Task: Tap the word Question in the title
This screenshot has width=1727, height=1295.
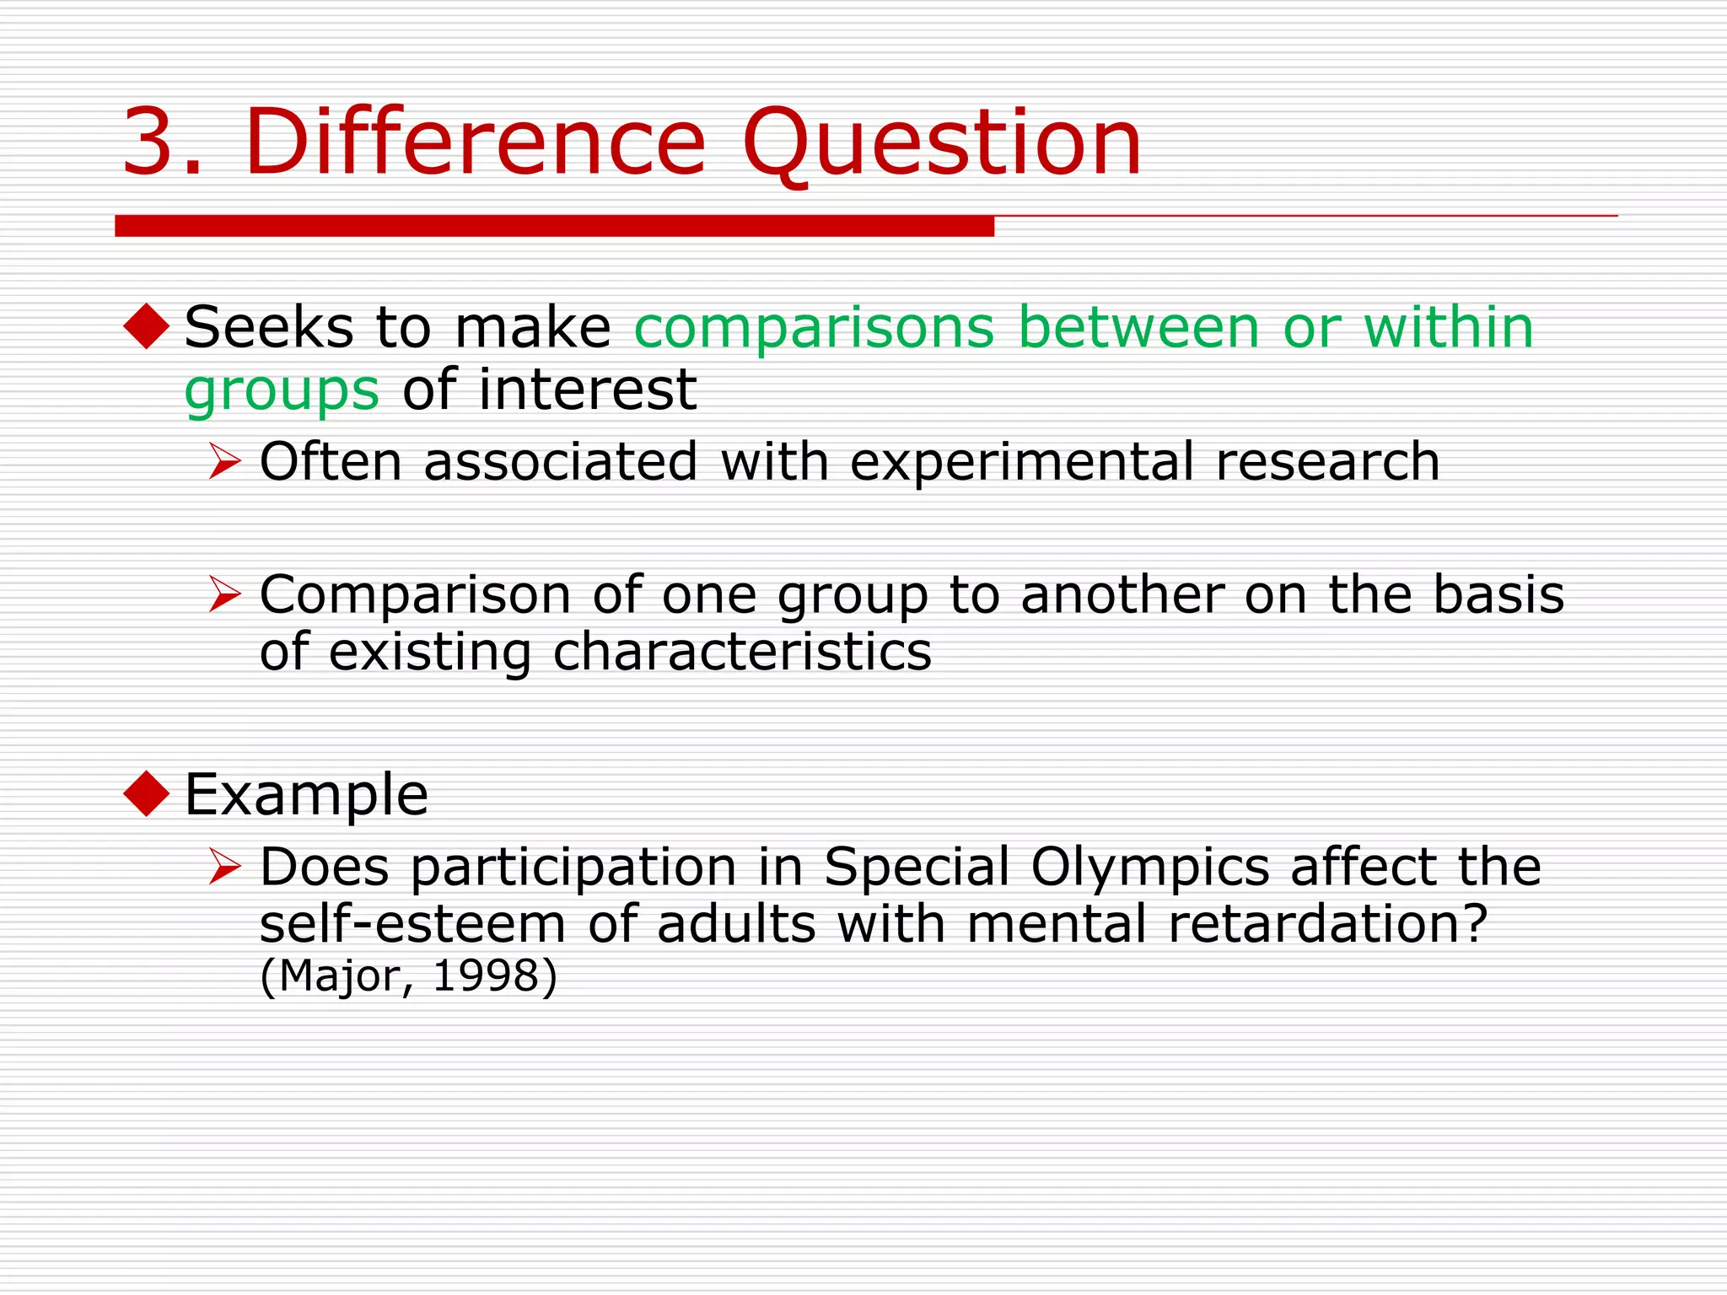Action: tap(941, 143)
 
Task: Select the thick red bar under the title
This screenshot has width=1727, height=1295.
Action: tap(554, 226)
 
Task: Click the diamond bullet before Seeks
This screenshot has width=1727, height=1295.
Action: tap(147, 326)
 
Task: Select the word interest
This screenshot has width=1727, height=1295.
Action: tap(587, 390)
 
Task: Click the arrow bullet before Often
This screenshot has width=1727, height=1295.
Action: tap(225, 462)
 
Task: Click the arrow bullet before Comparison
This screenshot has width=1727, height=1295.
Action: tap(225, 594)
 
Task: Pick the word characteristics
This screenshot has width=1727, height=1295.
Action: tap(742, 652)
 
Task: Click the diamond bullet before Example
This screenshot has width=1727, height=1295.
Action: tap(147, 793)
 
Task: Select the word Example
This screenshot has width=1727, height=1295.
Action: tap(306, 795)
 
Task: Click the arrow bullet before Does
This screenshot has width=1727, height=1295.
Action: tap(225, 867)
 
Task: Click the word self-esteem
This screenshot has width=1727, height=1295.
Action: tap(412, 924)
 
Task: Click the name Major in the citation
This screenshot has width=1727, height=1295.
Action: tap(340, 976)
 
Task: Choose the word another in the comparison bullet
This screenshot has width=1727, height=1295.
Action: tap(1122, 595)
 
